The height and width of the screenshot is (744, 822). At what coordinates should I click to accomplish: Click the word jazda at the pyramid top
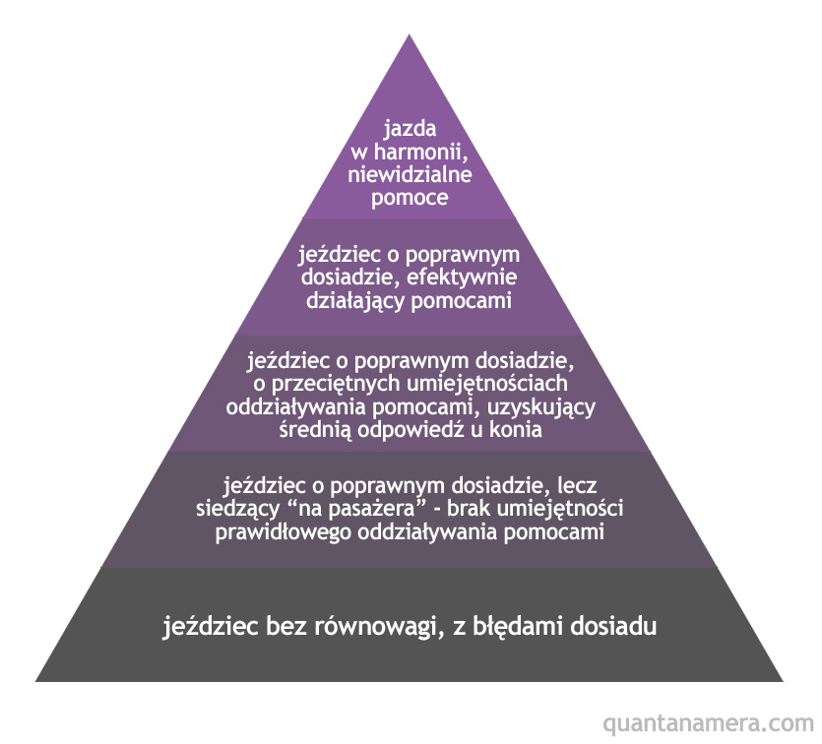tap(410, 129)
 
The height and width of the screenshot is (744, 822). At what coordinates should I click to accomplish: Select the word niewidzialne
tap(410, 175)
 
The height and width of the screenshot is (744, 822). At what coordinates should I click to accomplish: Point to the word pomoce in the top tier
tap(410, 199)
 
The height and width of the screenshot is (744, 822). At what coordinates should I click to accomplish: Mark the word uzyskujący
tap(545, 406)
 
